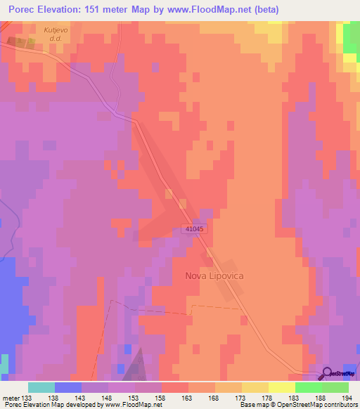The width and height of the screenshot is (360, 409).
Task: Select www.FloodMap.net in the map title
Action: (209, 10)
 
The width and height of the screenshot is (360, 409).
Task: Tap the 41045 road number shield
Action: (196, 228)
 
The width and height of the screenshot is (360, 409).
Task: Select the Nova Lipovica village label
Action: (214, 276)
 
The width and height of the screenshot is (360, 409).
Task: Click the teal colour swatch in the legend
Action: (41, 387)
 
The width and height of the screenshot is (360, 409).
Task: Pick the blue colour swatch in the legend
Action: (67, 387)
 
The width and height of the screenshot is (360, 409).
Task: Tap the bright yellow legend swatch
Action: (281, 387)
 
